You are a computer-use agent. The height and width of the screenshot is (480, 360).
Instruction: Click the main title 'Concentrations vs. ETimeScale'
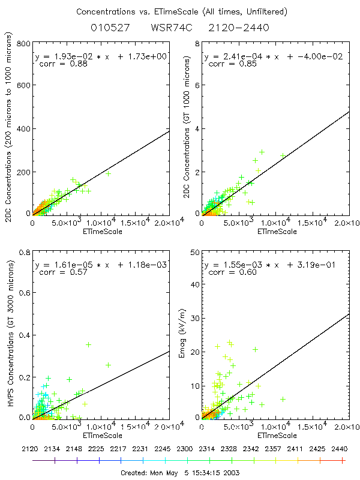click(x=179, y=11)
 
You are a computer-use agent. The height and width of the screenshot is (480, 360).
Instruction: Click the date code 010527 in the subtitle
click(x=107, y=28)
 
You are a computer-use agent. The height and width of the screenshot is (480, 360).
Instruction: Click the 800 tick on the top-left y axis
click(x=24, y=44)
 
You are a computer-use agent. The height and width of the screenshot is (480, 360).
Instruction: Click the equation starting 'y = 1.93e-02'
click(x=102, y=56)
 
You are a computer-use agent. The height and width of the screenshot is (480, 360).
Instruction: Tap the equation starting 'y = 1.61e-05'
click(x=102, y=264)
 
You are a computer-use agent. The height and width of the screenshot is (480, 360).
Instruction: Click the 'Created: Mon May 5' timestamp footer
click(x=179, y=472)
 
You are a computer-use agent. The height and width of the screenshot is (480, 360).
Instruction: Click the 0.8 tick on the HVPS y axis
click(x=25, y=251)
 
